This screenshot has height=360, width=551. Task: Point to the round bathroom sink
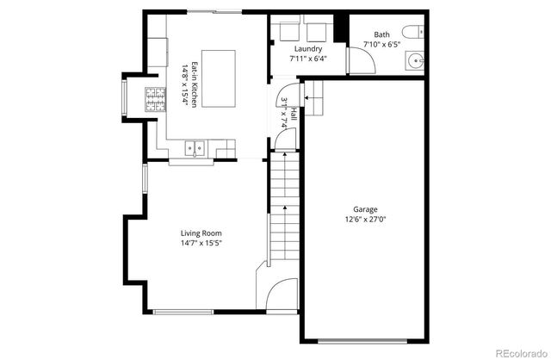tap(414, 62)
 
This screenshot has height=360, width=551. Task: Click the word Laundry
tap(309, 49)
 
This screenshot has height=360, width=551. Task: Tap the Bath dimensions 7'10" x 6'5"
tap(381, 43)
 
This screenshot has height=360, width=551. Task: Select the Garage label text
tap(365, 209)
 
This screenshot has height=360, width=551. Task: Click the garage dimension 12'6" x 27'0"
tap(365, 219)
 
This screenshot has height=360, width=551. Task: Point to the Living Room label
tap(201, 233)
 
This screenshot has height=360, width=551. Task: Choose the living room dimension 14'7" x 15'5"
tap(201, 244)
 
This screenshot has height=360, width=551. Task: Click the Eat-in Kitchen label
tap(195, 84)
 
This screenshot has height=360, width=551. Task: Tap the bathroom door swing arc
tap(360, 60)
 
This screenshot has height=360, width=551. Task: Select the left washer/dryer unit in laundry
tap(288, 33)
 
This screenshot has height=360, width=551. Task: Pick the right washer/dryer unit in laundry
tap(316, 33)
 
